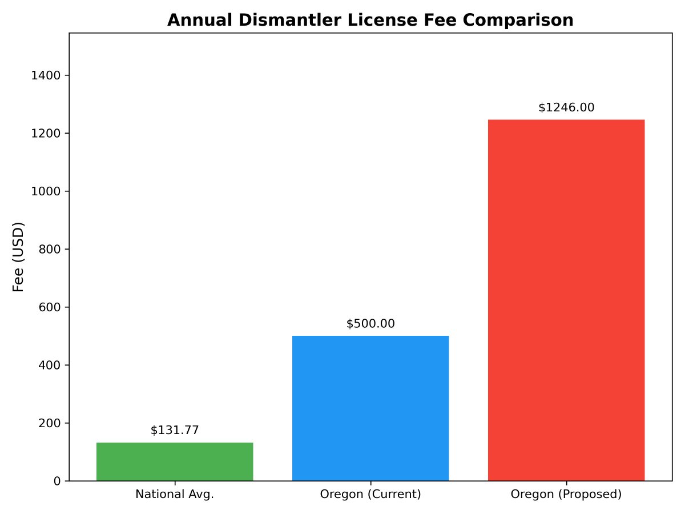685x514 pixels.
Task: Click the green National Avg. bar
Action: (x=175, y=461)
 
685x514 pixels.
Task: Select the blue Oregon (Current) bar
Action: (x=370, y=408)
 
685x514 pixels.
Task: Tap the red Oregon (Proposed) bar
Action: (x=566, y=300)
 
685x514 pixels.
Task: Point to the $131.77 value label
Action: (x=175, y=431)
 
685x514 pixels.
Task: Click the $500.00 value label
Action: (x=370, y=324)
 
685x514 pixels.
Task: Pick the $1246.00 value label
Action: (x=566, y=107)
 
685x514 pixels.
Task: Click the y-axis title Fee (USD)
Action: (x=19, y=257)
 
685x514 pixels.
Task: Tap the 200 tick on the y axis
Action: (x=53, y=423)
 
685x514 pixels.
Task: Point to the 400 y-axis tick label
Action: (x=53, y=365)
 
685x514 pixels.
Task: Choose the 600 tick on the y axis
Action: (x=53, y=307)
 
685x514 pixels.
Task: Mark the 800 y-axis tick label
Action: (x=53, y=249)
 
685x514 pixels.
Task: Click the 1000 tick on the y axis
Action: (x=50, y=191)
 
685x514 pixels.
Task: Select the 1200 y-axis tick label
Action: (x=50, y=133)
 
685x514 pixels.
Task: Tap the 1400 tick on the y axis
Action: (x=50, y=75)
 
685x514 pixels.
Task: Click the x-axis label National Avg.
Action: (x=175, y=495)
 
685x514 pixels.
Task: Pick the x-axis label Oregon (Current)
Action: (x=370, y=495)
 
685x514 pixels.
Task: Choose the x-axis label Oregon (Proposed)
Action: (x=566, y=495)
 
